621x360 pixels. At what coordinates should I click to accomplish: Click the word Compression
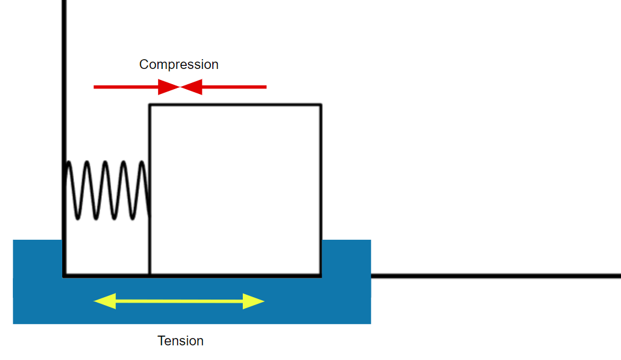(x=179, y=64)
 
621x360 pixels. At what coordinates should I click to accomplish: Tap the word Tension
(x=181, y=340)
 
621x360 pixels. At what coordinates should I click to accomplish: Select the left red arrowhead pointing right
(x=169, y=87)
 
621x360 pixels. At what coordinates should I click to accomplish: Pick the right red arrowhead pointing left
(x=192, y=87)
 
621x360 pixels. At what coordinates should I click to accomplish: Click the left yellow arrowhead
(x=104, y=301)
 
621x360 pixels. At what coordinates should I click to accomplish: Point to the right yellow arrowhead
(x=253, y=301)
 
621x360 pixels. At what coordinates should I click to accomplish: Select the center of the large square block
(x=235, y=190)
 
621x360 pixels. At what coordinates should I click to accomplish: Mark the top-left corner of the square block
(x=150, y=105)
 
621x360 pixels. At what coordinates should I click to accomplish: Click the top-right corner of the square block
(x=321, y=105)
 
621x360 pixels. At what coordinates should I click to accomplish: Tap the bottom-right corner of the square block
(x=321, y=276)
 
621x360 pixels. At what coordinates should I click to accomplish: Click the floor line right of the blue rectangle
(x=494, y=276)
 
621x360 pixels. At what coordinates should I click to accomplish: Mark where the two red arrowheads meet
(x=181, y=87)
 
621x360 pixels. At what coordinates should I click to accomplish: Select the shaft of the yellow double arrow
(x=179, y=301)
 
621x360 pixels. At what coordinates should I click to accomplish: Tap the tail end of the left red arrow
(x=95, y=87)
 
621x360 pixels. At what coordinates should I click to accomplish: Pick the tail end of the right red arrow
(x=265, y=87)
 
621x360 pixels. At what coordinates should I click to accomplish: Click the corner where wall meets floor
(x=64, y=276)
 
